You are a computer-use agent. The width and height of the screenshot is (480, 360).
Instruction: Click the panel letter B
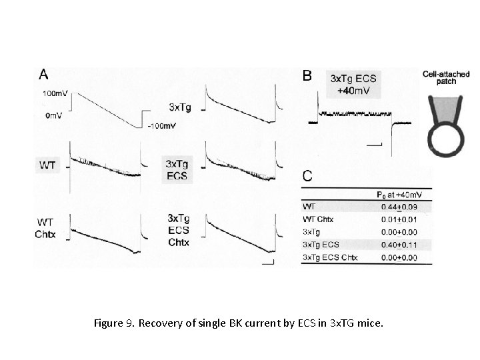pyautogui.click(x=307, y=77)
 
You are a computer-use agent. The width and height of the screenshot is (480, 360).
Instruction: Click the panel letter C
pyautogui.click(x=307, y=176)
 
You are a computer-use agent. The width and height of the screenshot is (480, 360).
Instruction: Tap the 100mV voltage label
pyautogui.click(x=54, y=94)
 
